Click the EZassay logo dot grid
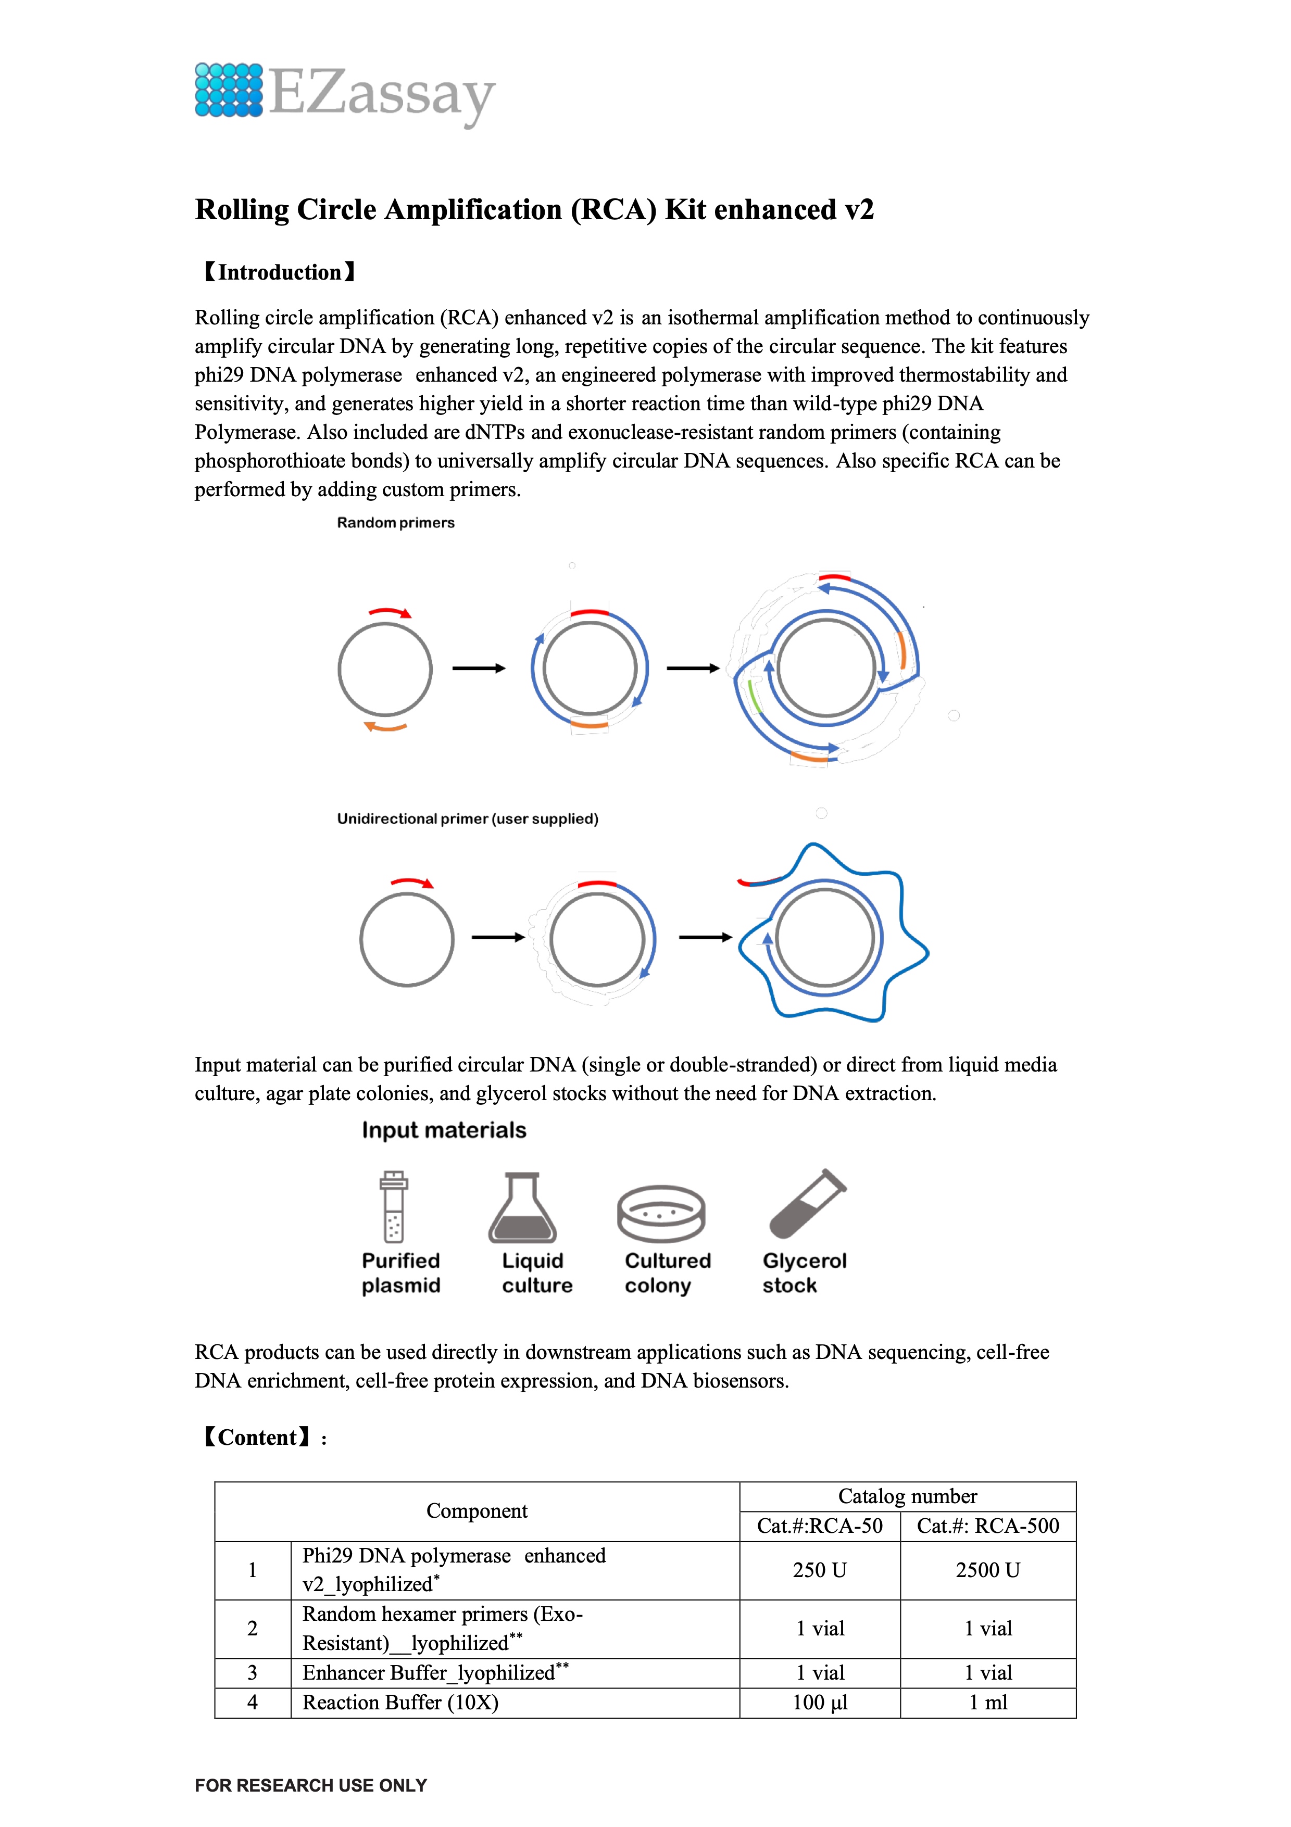(x=229, y=90)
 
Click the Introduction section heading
(x=279, y=272)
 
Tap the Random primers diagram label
(x=396, y=523)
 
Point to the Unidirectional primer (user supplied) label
(x=467, y=819)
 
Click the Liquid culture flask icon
(x=522, y=1207)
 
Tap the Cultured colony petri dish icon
(x=661, y=1214)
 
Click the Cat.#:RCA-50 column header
(x=820, y=1526)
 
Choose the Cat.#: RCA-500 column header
(x=988, y=1526)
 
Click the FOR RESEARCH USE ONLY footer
(x=311, y=1786)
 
